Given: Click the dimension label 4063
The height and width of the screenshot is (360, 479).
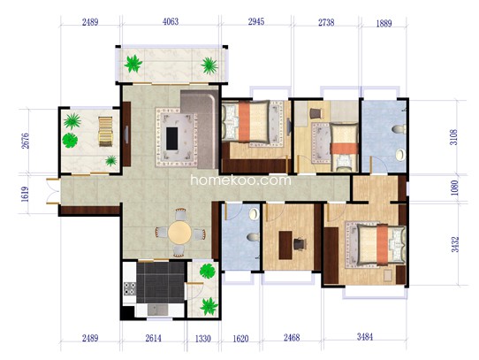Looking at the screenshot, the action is pos(171,22).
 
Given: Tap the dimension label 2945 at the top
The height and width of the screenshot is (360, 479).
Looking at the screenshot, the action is pos(256,22).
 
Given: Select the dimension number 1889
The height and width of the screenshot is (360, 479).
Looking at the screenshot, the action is pos(384,23).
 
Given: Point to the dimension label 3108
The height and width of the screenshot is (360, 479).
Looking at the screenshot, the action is pos(455,137).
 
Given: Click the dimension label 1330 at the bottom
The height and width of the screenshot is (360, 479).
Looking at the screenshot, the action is pos(203,339).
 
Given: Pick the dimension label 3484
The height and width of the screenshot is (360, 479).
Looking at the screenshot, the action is pos(365,337).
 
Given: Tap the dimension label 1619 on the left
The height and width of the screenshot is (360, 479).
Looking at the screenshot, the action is pos(25,194).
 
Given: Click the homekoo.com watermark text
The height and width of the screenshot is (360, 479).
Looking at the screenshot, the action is pos(240,180).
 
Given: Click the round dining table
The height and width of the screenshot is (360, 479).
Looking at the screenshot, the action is pos(179,233).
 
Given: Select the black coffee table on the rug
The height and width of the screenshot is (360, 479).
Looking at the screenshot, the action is pos(171,139).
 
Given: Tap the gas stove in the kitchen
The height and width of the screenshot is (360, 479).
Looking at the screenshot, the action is pos(130,288).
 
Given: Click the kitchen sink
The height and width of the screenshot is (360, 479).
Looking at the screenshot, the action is pos(157,310).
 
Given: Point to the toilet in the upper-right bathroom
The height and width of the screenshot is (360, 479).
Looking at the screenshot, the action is pos(399,129).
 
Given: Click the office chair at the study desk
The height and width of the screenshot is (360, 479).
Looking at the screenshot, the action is pos(300,244).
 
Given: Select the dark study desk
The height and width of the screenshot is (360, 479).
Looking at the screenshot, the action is pos(285,245).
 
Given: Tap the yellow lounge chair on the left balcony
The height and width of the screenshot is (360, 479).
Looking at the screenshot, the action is pos(106,132).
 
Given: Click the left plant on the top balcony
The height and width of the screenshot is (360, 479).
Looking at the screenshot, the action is pos(133,64).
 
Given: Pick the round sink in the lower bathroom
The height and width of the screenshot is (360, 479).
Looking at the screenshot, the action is pos(255,214).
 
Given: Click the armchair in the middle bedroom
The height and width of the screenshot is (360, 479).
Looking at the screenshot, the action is pos(316,113).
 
